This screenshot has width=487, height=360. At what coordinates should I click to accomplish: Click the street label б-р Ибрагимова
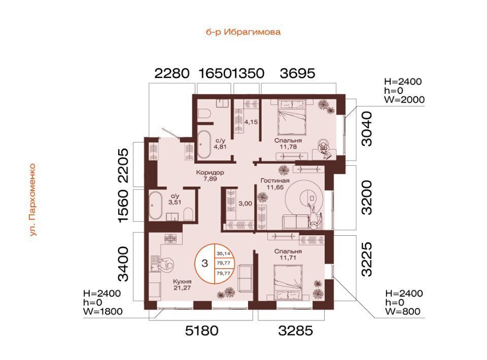(x=243, y=32)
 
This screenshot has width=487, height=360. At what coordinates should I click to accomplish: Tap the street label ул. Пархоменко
(x=33, y=200)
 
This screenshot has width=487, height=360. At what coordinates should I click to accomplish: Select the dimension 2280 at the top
(x=172, y=74)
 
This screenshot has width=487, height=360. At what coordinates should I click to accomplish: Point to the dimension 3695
(x=297, y=74)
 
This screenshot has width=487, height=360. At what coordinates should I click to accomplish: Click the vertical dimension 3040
(x=367, y=129)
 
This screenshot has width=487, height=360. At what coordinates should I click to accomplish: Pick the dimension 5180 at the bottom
(x=201, y=331)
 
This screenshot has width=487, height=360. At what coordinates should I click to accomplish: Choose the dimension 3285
(x=295, y=331)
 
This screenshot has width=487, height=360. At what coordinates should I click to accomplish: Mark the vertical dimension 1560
(x=123, y=206)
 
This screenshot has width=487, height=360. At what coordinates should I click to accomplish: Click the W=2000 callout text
(x=404, y=99)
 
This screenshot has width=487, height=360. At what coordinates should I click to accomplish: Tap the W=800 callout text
(x=403, y=311)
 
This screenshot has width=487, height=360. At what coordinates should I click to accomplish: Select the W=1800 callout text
(x=103, y=311)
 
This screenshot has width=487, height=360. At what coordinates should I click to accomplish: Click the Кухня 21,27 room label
(x=182, y=284)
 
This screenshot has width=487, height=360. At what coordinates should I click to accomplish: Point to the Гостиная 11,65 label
(x=275, y=184)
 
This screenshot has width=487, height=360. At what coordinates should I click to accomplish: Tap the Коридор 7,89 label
(x=210, y=175)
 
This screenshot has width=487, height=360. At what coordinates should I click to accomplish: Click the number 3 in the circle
(x=204, y=264)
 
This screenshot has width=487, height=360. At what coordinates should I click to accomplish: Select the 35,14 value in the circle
(x=224, y=254)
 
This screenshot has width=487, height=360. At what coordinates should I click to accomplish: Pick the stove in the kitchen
(x=170, y=238)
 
